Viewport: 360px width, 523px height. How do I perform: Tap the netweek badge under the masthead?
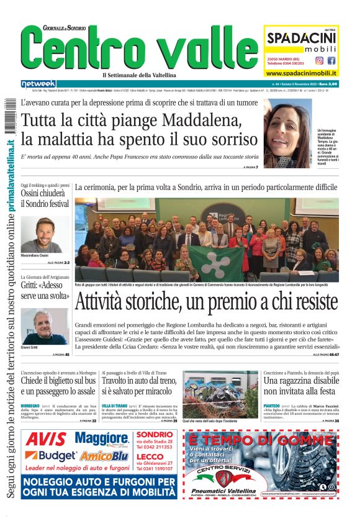coord(38,83)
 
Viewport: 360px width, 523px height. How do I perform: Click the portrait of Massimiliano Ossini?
coord(45,234)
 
